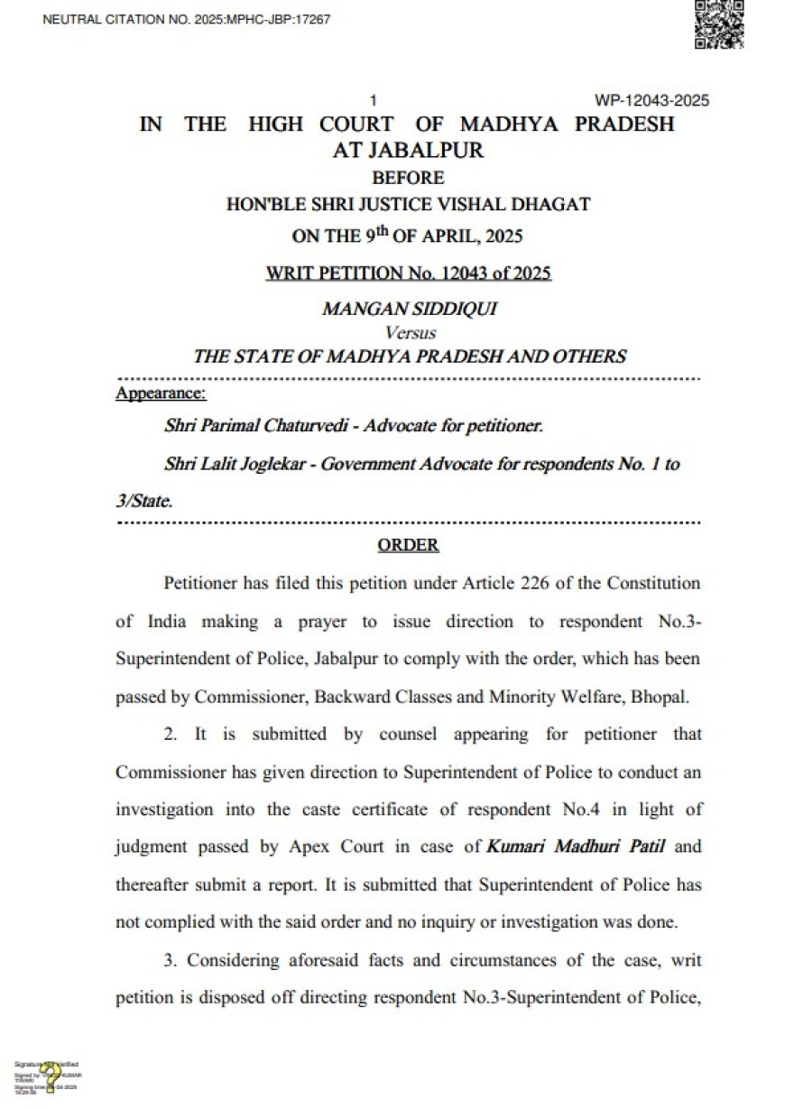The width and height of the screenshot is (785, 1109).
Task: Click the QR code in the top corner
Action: (x=719, y=24)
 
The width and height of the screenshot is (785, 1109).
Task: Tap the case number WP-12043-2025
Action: (x=651, y=100)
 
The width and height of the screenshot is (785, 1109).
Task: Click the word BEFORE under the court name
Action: (x=408, y=178)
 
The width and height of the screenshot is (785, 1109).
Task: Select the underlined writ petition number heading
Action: (x=408, y=273)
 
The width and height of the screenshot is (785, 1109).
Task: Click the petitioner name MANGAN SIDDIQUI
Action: (x=409, y=310)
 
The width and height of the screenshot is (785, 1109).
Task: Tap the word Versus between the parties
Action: (x=410, y=333)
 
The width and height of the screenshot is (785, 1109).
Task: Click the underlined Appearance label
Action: (x=161, y=393)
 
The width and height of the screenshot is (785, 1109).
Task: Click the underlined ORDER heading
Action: (x=408, y=545)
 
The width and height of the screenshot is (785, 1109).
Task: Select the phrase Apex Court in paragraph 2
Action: (x=394, y=847)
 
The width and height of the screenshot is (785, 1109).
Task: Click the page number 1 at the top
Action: (x=373, y=100)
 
